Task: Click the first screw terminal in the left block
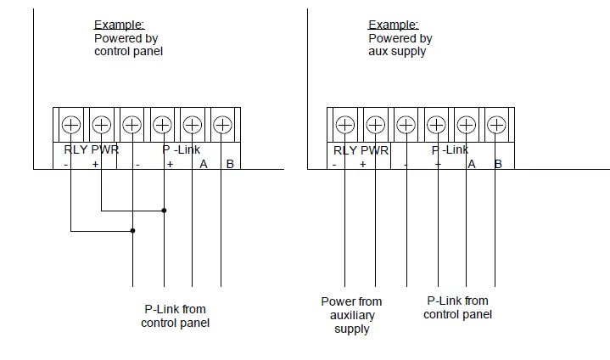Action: [x=71, y=125]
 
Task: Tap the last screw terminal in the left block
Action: [x=222, y=125]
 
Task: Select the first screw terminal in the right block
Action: [x=344, y=125]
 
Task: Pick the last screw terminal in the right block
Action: [x=496, y=125]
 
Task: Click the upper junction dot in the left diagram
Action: [x=164, y=210]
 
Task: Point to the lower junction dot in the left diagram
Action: [x=133, y=230]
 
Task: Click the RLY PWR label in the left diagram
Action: [x=92, y=150]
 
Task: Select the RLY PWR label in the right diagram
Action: [x=362, y=150]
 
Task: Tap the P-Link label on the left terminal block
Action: [x=182, y=150]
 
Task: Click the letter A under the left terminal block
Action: [x=204, y=164]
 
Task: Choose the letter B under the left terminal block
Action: [x=230, y=164]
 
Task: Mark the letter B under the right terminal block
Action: [x=499, y=164]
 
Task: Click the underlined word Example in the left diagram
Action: [x=119, y=25]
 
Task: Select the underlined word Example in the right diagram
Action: [x=394, y=25]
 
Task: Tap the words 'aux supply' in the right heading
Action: [x=397, y=51]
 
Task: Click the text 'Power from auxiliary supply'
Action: [x=351, y=315]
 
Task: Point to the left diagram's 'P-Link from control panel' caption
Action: [x=175, y=316]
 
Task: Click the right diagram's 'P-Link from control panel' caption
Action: [x=457, y=307]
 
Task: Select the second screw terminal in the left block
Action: [x=101, y=125]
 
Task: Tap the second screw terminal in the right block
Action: [x=375, y=125]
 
